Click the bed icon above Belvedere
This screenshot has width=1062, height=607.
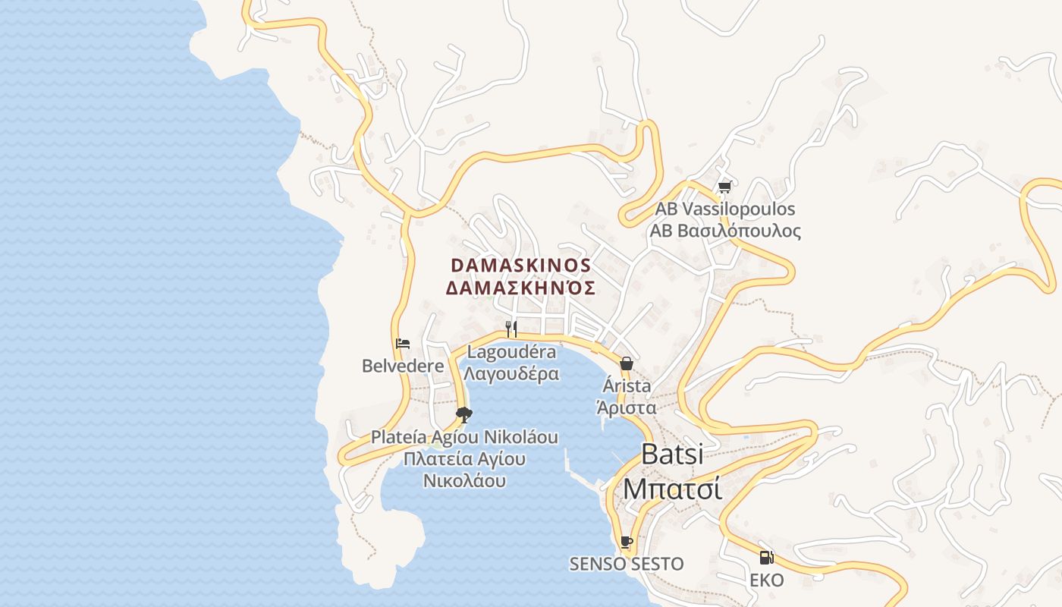403,344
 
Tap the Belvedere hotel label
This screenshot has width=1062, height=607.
403,366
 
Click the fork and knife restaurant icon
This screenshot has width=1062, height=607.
511,329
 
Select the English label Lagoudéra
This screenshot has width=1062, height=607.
511,352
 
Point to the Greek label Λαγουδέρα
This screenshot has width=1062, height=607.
511,374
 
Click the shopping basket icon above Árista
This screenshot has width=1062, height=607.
626,363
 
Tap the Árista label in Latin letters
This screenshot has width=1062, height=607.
626,385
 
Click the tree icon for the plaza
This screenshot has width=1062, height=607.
464,414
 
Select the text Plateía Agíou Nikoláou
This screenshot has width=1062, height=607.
464,438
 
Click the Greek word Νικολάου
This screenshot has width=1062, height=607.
464,481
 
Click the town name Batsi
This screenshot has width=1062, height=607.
672,454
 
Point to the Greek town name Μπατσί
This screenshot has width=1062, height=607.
672,489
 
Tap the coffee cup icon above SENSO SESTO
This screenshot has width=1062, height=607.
626,542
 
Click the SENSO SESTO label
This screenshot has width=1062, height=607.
627,565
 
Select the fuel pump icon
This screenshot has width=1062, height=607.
767,558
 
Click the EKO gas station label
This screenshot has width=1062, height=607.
767,580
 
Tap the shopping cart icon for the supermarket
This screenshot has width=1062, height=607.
724,187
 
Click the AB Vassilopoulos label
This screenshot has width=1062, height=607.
725,209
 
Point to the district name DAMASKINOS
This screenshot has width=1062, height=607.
520,266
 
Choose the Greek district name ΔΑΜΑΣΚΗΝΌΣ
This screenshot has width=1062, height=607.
520,288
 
